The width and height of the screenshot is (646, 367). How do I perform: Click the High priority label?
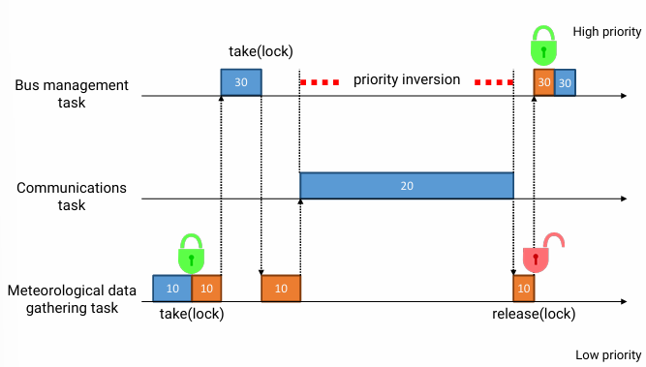coord(606,32)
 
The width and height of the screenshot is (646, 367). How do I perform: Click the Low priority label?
coord(608,355)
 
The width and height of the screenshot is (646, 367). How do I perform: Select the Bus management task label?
coord(72,94)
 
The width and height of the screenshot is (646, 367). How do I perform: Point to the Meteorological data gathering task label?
coord(76,298)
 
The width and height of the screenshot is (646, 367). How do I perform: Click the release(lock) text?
coord(534,314)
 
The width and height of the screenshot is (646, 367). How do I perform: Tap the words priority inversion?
coord(406,79)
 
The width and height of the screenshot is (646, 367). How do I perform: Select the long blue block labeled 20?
coord(406,185)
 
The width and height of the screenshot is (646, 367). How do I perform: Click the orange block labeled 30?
coord(544,83)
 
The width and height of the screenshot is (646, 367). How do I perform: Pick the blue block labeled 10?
coord(171,289)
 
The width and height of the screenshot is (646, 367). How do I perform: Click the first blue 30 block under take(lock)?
coord(241,82)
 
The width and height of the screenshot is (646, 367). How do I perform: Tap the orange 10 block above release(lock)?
coord(523,289)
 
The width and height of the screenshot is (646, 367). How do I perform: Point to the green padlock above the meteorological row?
coord(192,254)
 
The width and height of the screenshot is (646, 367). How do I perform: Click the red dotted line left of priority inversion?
coord(320,82)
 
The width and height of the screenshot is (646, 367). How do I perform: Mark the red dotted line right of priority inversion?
coord(494,82)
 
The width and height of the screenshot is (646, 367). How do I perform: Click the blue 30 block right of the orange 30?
coord(565,83)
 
